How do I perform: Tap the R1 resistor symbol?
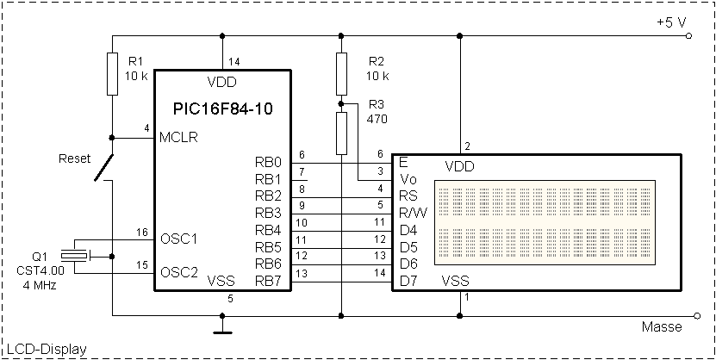tap(113, 73)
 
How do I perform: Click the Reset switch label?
tap(74, 158)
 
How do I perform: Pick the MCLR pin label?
tap(178, 138)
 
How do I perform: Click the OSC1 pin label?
tap(178, 237)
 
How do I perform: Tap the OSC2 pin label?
tap(178, 271)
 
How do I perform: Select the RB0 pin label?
tap(268, 161)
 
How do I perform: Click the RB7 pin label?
tap(268, 280)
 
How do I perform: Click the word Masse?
tap(662, 327)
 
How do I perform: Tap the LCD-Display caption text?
tap(44, 349)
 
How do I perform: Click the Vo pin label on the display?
tap(408, 178)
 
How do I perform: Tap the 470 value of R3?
tap(377, 120)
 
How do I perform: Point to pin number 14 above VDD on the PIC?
tap(235, 61)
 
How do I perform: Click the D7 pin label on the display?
tap(408, 281)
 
